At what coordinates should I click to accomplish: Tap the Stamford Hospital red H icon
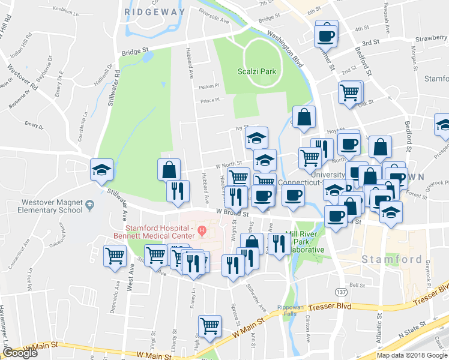202,230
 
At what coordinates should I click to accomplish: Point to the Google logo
20,353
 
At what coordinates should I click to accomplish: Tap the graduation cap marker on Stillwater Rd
101,171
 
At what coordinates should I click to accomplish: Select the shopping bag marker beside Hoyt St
304,118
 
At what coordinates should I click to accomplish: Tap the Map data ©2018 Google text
411,355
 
